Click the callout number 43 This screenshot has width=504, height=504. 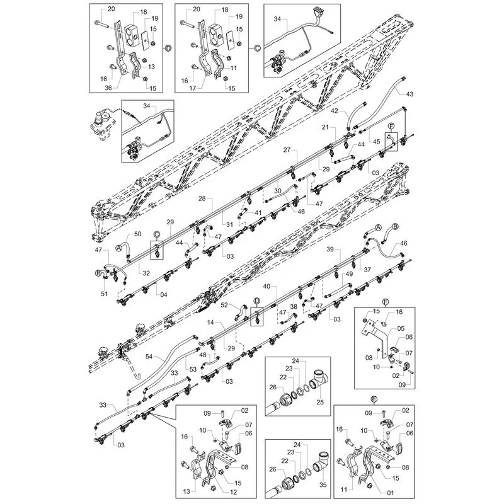pos(409,94)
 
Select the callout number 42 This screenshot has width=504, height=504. pos(335,111)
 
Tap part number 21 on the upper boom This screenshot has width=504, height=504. pos(326,127)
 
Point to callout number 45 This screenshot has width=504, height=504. pos(376,142)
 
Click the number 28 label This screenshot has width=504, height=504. pos(202,198)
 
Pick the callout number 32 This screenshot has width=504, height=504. pos(146,273)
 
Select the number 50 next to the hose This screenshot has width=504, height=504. pos(137,234)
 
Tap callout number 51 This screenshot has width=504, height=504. pos(104,294)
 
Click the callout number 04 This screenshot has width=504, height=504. pos(164,294)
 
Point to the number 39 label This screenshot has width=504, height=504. pos(330,249)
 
